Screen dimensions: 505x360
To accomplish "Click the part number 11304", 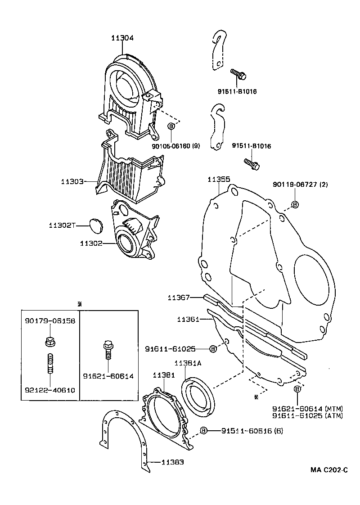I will click(x=122, y=39).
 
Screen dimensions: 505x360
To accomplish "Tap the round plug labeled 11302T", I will click(x=95, y=225).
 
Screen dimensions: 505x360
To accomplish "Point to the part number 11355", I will click(x=219, y=179).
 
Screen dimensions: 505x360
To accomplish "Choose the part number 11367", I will click(x=179, y=298).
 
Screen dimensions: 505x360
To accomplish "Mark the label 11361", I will click(x=188, y=319).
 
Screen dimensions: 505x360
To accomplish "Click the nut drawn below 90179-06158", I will click(x=49, y=342).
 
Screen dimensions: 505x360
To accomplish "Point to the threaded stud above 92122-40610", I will click(x=50, y=363).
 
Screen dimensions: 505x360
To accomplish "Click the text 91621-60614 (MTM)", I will click(x=307, y=408).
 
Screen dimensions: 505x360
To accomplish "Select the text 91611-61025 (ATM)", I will click(x=307, y=415).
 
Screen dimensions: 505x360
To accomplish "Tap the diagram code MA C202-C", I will click(x=328, y=470).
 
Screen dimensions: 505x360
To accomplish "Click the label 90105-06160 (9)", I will click(x=175, y=146).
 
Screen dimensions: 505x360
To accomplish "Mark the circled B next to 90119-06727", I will click(x=295, y=204).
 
